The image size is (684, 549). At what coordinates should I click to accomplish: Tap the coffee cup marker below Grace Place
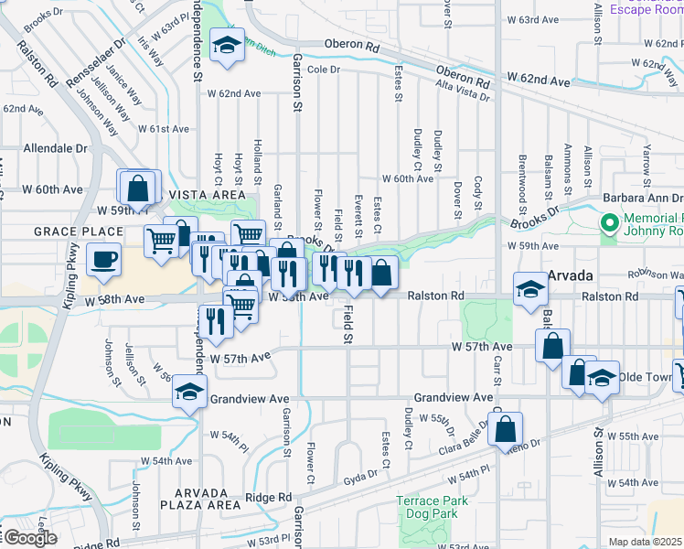pos(104,258)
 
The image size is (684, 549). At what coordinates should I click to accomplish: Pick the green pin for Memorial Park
pos(609,222)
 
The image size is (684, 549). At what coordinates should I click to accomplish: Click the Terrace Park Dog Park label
pos(433,507)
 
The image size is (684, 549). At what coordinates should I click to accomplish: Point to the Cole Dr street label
pos(324,70)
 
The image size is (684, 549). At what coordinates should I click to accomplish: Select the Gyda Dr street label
pos(361,479)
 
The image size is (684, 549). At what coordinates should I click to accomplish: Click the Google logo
pos(29,538)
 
